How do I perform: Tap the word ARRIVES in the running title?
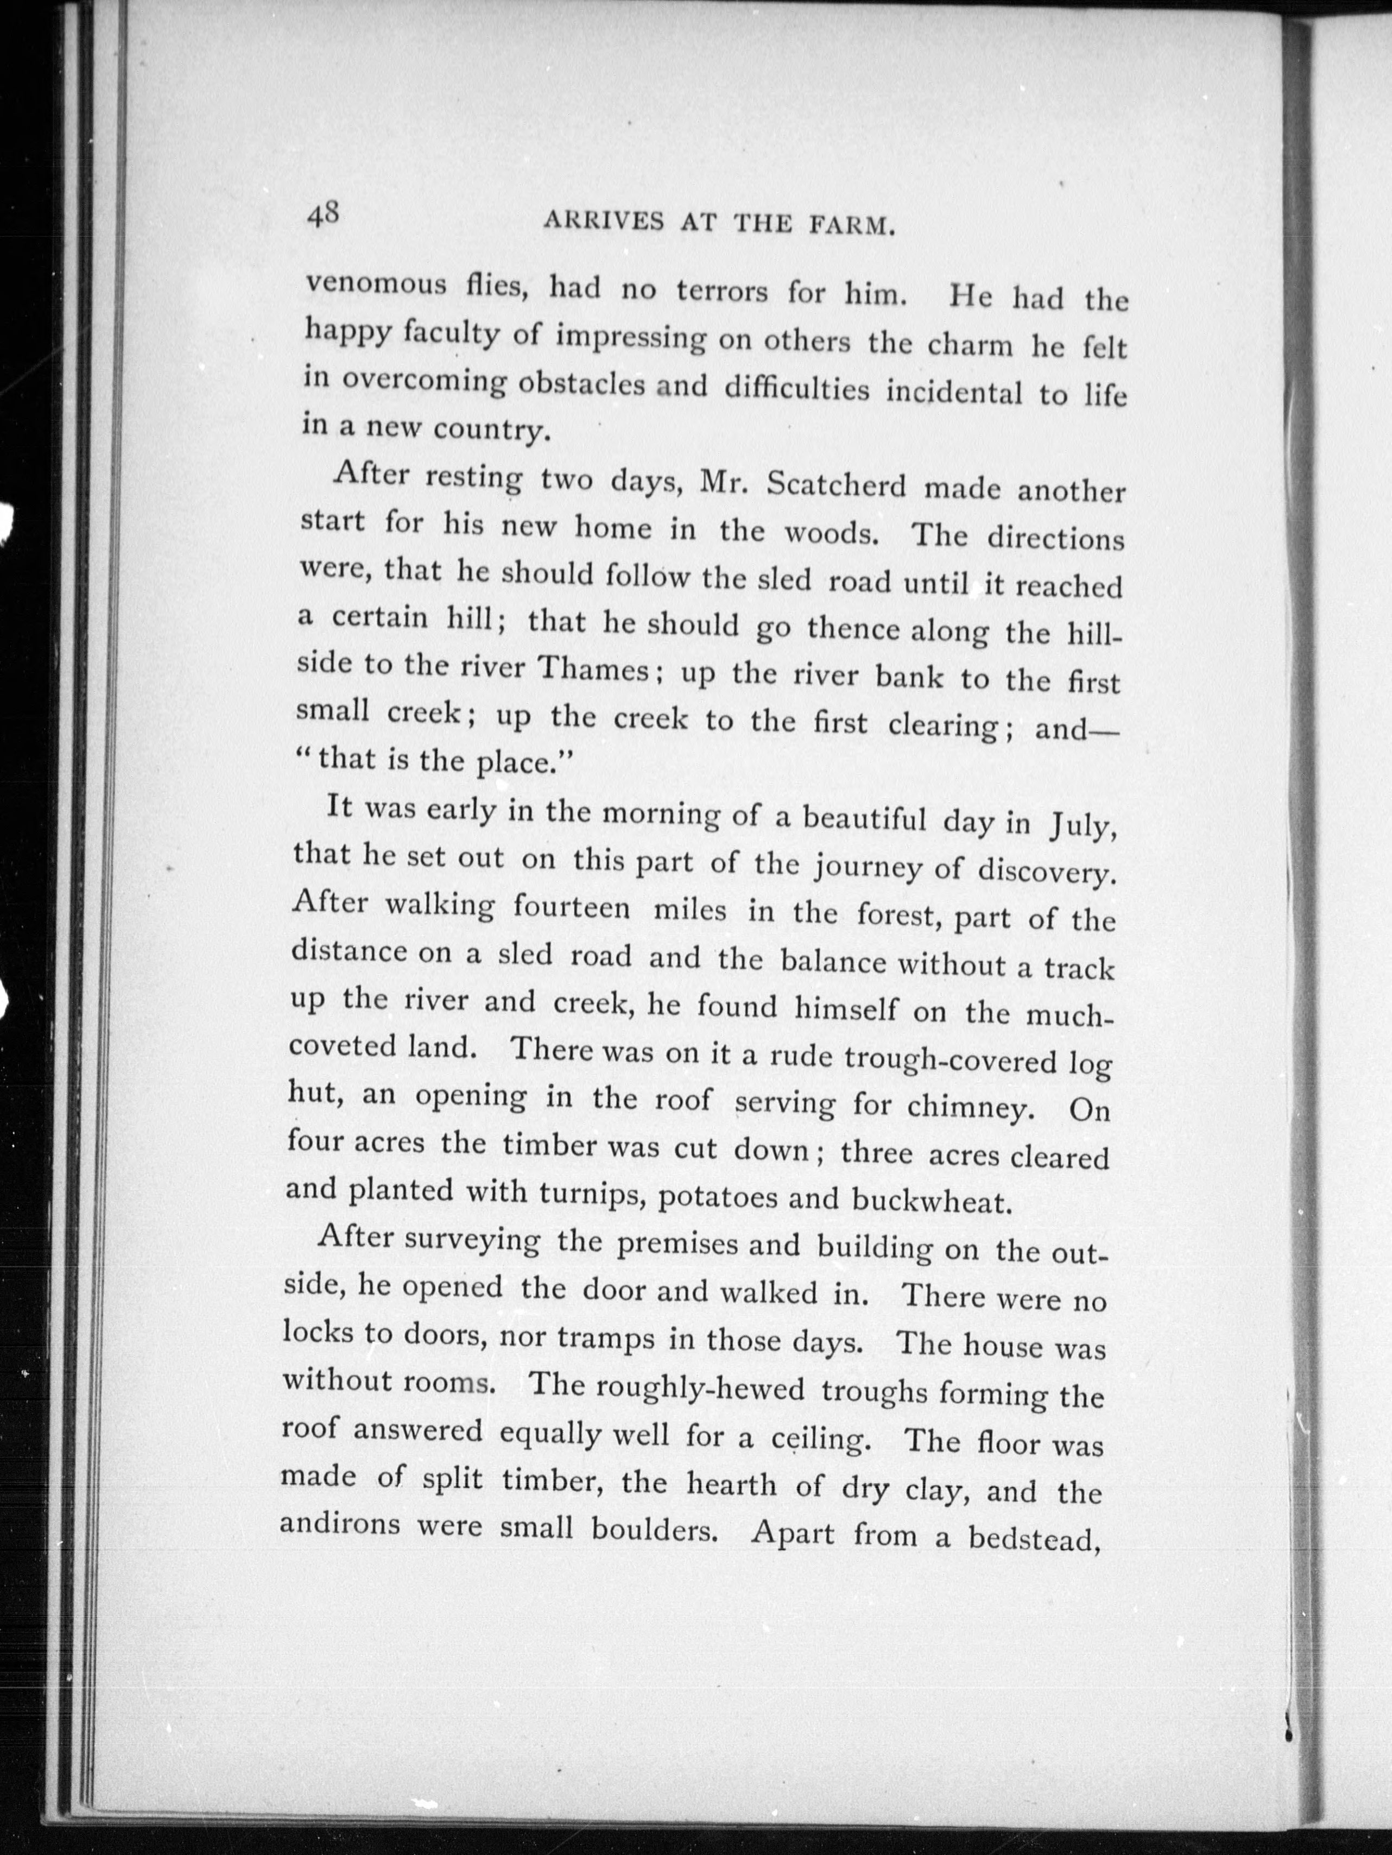[x=603, y=222]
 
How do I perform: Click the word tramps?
[x=589, y=1339]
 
